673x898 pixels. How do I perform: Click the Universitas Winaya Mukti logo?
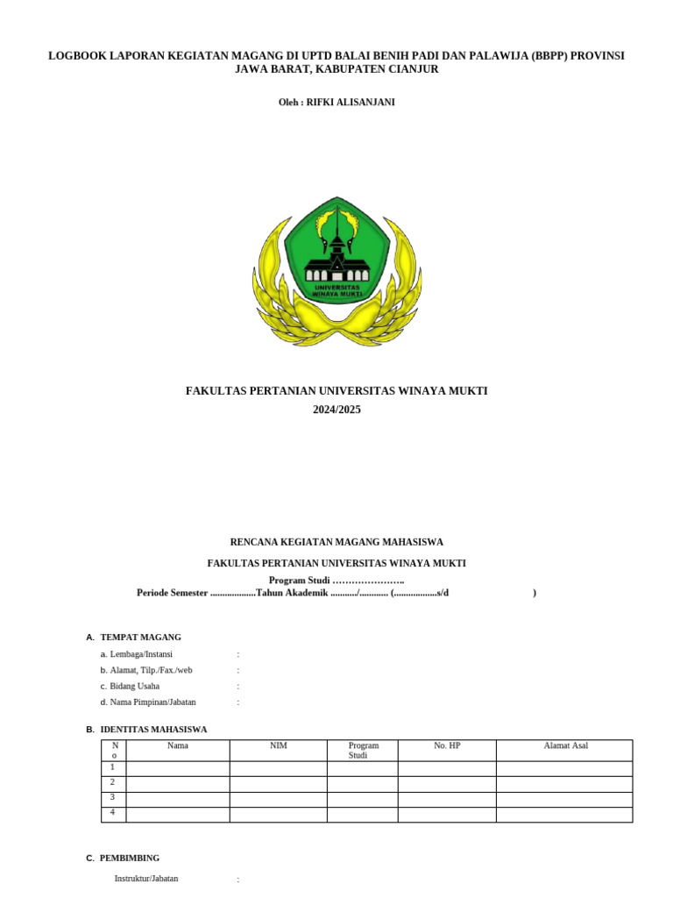[x=336, y=271]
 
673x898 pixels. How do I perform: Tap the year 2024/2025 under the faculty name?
[x=336, y=410]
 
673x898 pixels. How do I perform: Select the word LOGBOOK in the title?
[x=76, y=55]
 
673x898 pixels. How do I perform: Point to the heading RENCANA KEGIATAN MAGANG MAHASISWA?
[x=336, y=542]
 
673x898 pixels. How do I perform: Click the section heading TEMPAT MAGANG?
[x=141, y=638]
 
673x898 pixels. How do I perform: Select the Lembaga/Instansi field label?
[x=141, y=654]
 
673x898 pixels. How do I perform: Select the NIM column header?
[x=279, y=746]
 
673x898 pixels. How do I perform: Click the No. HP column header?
[x=447, y=746]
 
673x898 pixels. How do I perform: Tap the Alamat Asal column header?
[x=565, y=746]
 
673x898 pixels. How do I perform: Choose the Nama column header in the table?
[x=178, y=746]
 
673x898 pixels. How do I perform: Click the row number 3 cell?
[x=113, y=798]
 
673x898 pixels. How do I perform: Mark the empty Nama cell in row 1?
[x=178, y=768]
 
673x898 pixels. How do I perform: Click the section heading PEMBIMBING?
[x=130, y=859]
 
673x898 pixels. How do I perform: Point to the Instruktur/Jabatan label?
[x=146, y=879]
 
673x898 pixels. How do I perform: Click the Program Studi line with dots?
[x=336, y=581]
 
